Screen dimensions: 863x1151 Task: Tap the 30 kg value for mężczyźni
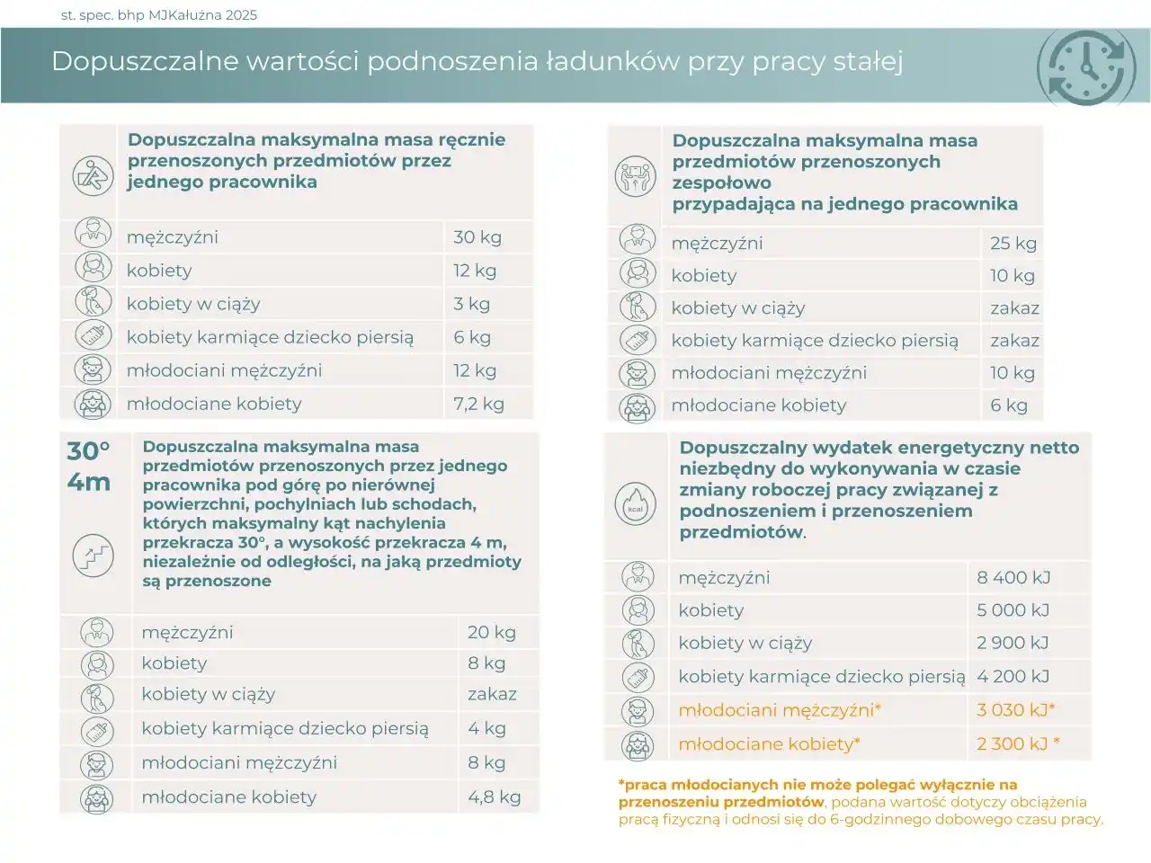(x=477, y=237)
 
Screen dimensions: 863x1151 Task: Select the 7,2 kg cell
(x=478, y=404)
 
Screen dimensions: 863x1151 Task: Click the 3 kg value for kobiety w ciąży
(x=471, y=304)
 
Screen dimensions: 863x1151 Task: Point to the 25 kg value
(x=1013, y=243)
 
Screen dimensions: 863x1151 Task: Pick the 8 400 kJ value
(x=1013, y=578)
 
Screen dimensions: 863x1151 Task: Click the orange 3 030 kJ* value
(x=1015, y=710)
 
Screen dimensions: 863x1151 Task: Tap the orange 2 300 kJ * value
(x=1018, y=744)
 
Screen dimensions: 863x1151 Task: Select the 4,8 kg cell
(x=494, y=797)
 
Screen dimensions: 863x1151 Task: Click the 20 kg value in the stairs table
(x=491, y=632)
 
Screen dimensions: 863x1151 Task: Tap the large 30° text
(x=88, y=450)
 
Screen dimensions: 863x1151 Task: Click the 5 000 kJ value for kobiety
(x=1013, y=610)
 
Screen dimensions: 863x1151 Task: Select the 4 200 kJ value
(x=1013, y=677)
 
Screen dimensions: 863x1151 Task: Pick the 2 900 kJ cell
(x=1013, y=643)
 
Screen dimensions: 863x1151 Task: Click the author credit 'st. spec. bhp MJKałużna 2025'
(x=158, y=14)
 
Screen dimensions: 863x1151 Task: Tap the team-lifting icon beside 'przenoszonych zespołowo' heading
(x=636, y=175)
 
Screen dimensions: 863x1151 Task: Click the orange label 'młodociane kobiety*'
(x=769, y=744)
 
